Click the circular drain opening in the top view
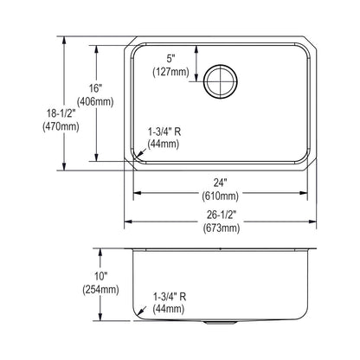click(x=221, y=81)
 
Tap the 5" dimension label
click(x=171, y=59)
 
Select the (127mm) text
click(x=170, y=72)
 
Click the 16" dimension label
click(x=95, y=88)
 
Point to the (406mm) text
click(x=95, y=101)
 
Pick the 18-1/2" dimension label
click(x=61, y=113)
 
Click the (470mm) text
click(x=61, y=126)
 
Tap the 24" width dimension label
click(x=220, y=183)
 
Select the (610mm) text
click(x=220, y=196)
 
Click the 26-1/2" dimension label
click(x=222, y=215)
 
